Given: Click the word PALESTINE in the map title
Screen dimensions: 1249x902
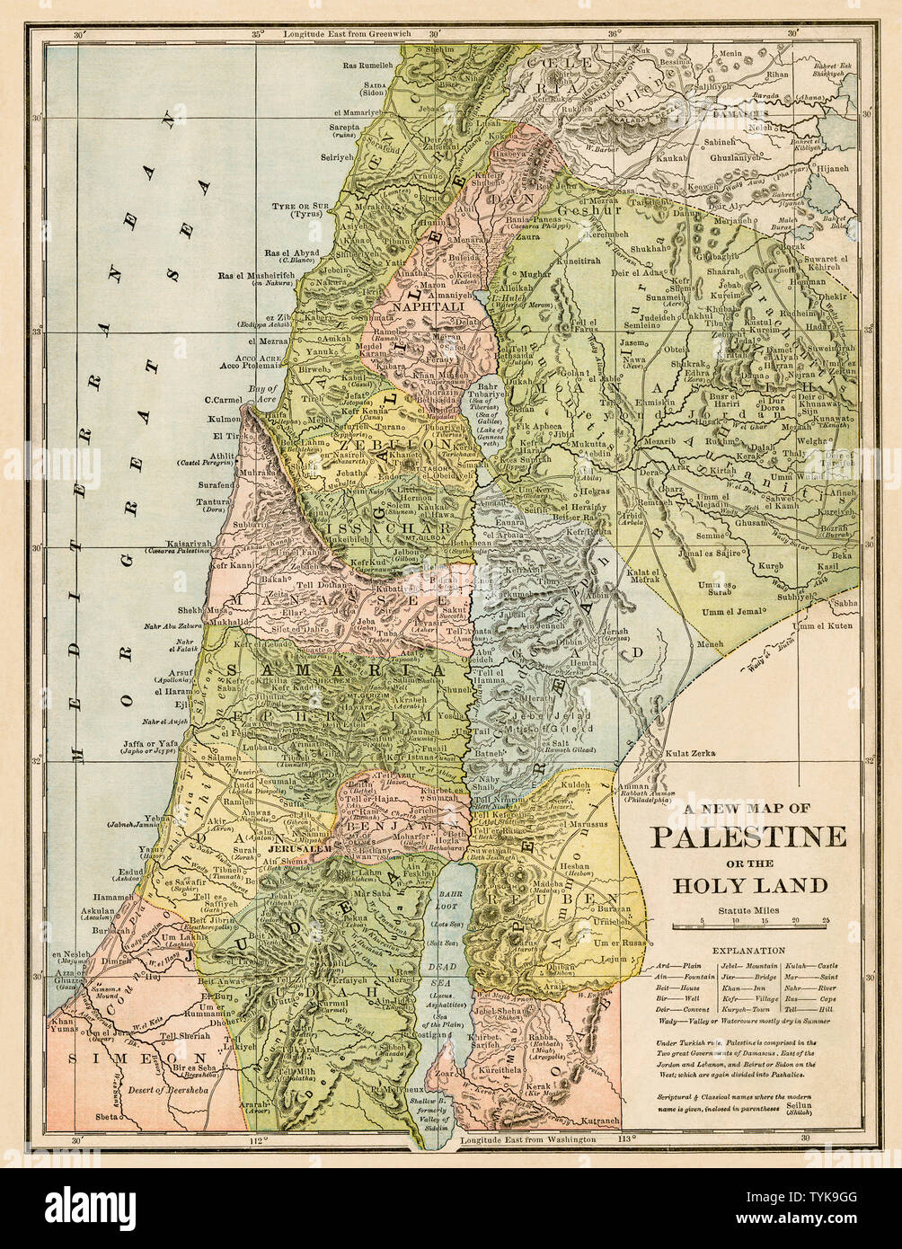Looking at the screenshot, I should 748,837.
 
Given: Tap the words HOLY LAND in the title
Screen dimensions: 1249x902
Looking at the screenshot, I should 751,885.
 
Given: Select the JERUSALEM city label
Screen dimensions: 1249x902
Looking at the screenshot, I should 299,847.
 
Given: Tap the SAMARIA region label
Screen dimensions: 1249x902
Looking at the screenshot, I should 336,670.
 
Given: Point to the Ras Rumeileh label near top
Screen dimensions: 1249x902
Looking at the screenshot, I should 368,65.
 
